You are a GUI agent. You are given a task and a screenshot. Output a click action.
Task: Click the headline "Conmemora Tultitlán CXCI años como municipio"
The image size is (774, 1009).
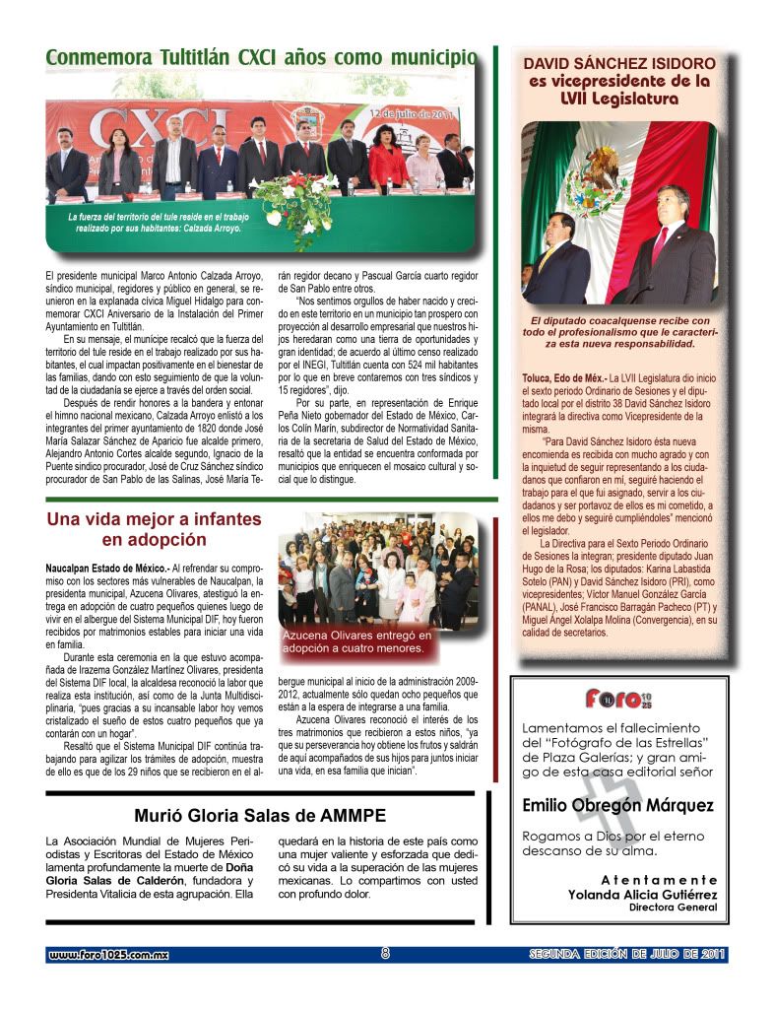[x=258, y=58]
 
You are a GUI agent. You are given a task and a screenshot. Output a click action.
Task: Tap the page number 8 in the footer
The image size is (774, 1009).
[x=386, y=954]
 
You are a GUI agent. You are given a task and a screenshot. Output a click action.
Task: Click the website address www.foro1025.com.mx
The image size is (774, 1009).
[x=109, y=955]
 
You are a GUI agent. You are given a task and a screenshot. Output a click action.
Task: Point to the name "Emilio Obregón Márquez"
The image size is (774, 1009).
[x=618, y=805]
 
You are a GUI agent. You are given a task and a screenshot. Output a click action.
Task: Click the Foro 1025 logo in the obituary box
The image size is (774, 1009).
[x=618, y=700]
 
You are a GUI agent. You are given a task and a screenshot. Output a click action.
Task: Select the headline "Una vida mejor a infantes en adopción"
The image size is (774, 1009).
[x=155, y=529]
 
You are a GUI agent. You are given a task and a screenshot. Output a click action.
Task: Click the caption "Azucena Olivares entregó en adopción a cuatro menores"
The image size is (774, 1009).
[x=357, y=642]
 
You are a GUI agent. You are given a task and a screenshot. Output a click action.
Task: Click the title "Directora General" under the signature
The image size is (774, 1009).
[x=673, y=908]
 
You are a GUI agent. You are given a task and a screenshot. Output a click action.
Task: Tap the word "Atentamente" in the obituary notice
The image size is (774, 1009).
[x=658, y=879]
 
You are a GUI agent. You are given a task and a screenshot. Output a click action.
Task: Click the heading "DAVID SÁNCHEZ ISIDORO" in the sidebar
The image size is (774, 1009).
[x=618, y=64]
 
